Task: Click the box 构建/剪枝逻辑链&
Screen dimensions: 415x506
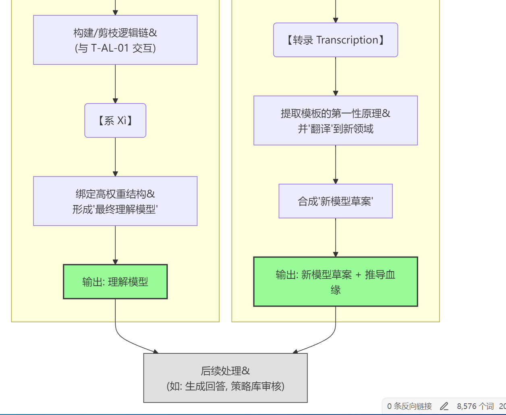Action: point(115,40)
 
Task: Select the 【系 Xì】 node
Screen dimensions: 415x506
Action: point(115,120)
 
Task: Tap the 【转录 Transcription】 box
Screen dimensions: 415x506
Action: point(336,40)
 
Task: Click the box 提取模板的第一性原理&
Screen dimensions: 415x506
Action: point(336,120)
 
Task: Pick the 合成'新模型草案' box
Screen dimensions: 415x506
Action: point(336,201)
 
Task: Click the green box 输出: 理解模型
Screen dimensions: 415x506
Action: point(115,282)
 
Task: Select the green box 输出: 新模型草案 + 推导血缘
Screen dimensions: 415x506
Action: point(336,282)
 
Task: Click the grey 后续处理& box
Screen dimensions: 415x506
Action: point(225,378)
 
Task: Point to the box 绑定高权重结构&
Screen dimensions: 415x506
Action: point(115,201)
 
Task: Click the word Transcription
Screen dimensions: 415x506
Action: point(347,40)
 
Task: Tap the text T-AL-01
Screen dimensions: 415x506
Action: point(110,48)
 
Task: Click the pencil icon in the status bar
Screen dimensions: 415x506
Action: point(444,406)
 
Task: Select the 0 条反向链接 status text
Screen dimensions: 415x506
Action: point(409,406)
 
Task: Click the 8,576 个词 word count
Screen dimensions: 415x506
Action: point(475,406)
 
